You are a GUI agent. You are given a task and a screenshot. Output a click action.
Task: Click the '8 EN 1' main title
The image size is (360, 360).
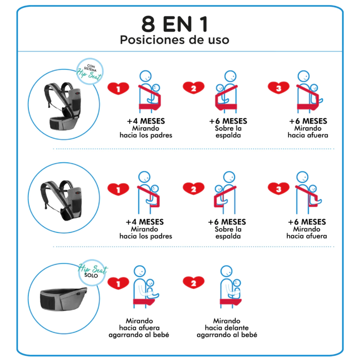click(x=175, y=24)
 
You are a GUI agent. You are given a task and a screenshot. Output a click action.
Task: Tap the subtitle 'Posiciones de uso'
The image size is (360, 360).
click(x=174, y=40)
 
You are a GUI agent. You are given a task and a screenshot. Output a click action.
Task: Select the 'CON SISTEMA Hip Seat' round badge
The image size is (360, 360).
click(x=90, y=71)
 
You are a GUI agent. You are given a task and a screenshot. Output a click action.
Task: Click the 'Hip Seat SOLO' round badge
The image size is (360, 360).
click(x=92, y=272)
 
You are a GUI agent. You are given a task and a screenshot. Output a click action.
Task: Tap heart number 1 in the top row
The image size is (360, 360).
click(x=118, y=88)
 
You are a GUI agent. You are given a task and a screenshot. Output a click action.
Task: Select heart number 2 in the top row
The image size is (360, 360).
click(x=194, y=88)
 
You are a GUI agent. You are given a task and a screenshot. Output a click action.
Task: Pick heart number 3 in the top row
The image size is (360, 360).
click(x=278, y=88)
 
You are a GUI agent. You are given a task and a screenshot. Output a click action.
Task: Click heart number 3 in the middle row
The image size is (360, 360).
click(x=278, y=189)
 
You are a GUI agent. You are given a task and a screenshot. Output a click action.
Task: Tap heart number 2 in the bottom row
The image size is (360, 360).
click(x=194, y=283)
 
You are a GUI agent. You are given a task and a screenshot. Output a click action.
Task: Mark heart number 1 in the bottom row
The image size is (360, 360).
click(x=118, y=283)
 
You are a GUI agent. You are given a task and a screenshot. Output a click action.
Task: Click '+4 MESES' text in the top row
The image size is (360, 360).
click(x=146, y=121)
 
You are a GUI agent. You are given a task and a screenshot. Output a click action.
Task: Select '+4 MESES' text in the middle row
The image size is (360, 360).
click(x=144, y=222)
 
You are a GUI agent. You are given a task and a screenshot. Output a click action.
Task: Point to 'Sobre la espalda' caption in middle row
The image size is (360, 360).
click(x=228, y=233)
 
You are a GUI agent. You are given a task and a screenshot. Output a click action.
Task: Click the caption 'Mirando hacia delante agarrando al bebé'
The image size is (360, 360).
click(x=227, y=328)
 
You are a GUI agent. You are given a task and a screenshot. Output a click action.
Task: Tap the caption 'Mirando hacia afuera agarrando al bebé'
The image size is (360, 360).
click(x=139, y=328)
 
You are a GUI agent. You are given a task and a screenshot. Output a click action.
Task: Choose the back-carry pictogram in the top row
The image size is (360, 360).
click(x=226, y=92)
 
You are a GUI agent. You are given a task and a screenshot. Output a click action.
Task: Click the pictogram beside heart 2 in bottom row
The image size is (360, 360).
click(x=230, y=287)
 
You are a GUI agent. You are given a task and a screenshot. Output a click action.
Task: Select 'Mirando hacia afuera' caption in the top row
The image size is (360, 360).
click(x=308, y=132)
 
